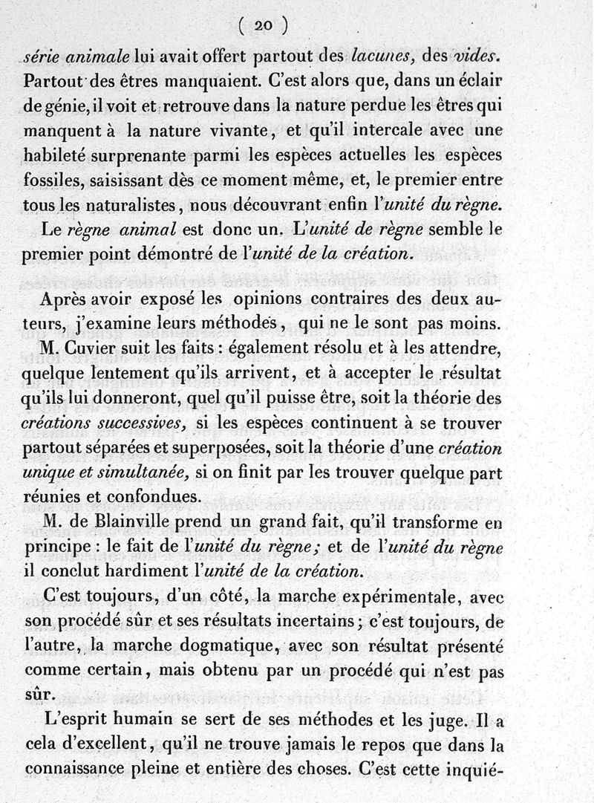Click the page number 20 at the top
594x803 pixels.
[263, 25]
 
